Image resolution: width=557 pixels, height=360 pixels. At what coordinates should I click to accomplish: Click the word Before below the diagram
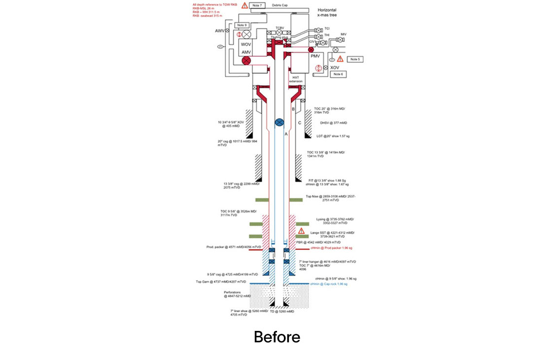(x=277, y=337)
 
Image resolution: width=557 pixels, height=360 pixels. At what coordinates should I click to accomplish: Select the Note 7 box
(x=256, y=5)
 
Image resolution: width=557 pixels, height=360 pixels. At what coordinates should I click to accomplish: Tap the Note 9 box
(x=242, y=25)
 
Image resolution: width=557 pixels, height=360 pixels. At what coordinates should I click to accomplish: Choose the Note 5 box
(x=355, y=59)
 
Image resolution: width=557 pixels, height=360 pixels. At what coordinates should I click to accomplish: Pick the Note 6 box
(x=338, y=74)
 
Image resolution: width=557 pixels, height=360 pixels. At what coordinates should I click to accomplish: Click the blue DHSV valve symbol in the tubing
(x=278, y=122)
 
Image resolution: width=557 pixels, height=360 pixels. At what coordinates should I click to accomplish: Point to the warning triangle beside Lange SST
(x=301, y=230)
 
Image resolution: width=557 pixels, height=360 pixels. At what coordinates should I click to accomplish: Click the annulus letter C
(x=299, y=122)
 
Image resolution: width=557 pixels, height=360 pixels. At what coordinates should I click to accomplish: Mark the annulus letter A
(x=286, y=133)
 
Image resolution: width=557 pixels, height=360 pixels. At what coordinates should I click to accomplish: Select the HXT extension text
(x=296, y=79)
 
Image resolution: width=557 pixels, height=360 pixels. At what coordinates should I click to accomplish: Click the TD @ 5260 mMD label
(x=282, y=312)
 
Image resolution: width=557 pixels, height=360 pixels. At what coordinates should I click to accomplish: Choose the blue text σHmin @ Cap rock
(x=329, y=284)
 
